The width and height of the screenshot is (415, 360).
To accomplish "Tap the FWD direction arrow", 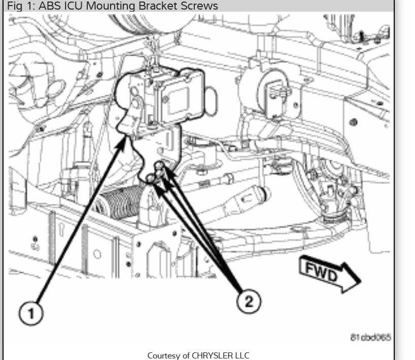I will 329,274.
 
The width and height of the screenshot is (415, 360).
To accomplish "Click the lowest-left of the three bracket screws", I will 150,177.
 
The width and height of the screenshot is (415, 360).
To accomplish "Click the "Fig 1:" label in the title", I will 19,6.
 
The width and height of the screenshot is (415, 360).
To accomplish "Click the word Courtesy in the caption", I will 163,355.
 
